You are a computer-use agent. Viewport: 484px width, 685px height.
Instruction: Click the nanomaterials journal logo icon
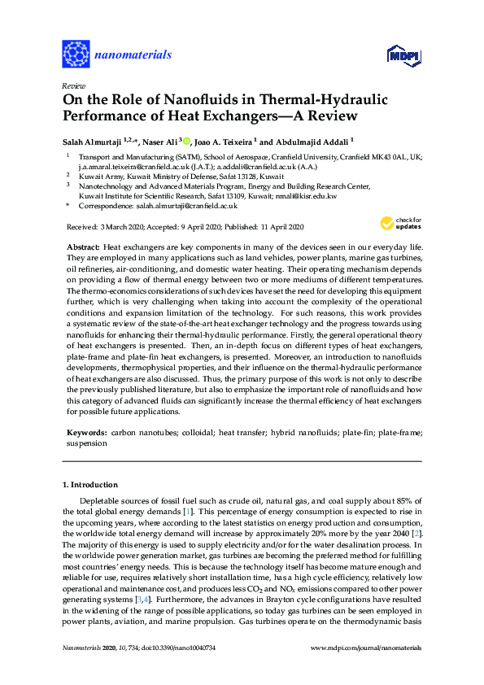click(x=76, y=55)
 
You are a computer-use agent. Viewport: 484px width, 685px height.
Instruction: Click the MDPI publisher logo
click(x=396, y=55)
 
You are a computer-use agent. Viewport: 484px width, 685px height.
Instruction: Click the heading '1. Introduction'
click(x=92, y=484)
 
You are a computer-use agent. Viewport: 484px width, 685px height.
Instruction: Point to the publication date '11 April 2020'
click(x=276, y=227)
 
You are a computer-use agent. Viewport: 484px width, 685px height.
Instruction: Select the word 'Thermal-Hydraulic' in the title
click(x=310, y=99)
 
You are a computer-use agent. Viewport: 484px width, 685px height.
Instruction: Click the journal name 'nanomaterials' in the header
click(x=133, y=55)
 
